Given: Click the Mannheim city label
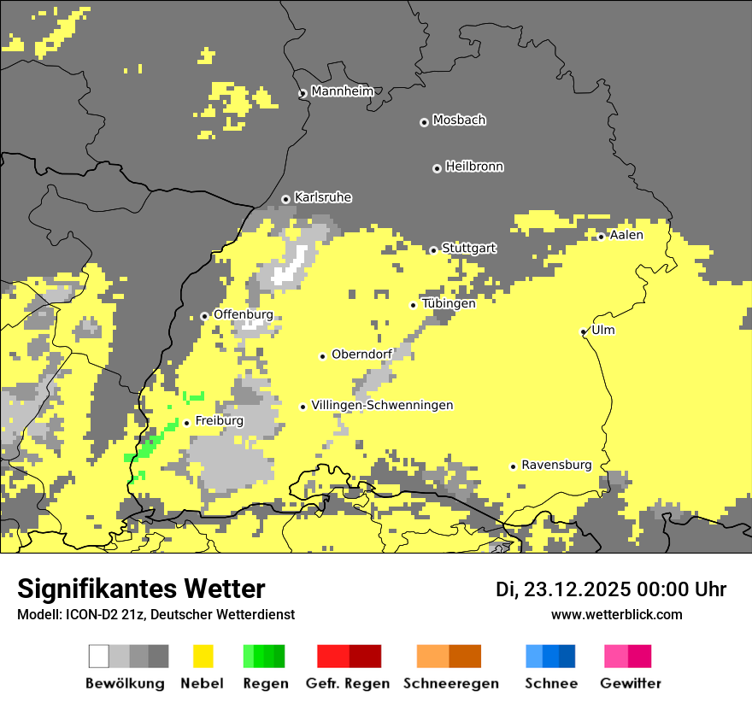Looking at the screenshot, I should click(342, 91).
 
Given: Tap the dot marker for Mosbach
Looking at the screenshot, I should click(424, 122).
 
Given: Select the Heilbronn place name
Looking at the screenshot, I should click(474, 167).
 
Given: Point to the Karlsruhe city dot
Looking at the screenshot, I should click(286, 199).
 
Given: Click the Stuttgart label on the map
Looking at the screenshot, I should click(469, 249).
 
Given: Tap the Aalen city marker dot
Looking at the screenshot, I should click(602, 237).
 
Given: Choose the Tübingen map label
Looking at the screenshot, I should click(449, 303).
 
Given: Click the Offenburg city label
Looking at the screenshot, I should click(243, 314).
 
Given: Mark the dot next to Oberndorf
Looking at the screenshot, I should click(323, 356).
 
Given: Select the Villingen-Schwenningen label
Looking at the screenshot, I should click(382, 405).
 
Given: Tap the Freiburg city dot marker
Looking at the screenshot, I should click(186, 423).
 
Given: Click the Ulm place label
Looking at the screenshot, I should click(602, 330).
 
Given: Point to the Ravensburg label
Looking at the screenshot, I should click(556, 465).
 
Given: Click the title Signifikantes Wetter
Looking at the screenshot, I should click(141, 589).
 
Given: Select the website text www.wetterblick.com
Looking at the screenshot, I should click(616, 614).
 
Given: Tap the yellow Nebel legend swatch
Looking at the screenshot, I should click(203, 656).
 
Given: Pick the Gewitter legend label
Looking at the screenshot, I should click(630, 683).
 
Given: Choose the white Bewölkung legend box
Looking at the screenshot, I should click(99, 656).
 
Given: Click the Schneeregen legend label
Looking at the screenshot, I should click(450, 683).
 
